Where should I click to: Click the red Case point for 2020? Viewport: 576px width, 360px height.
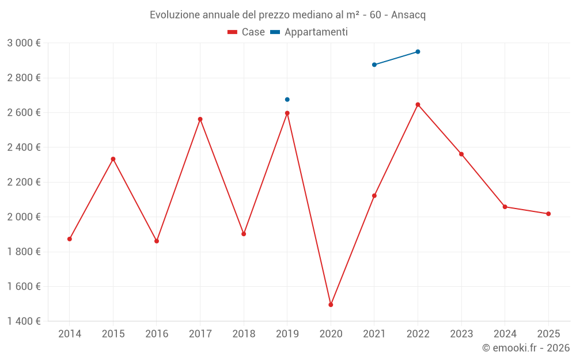[x=331, y=305]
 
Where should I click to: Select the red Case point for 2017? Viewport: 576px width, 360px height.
[x=200, y=119]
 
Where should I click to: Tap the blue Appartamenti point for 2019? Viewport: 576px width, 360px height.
[x=287, y=100]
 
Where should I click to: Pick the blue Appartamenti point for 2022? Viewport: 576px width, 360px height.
[x=418, y=52]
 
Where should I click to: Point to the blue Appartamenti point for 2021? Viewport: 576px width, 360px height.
[x=374, y=65]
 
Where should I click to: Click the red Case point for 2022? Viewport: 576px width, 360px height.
[x=418, y=105]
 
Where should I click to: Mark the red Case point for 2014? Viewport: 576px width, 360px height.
[x=70, y=239]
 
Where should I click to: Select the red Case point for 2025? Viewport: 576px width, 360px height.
[x=548, y=214]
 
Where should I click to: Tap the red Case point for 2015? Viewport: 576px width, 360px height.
[x=113, y=159]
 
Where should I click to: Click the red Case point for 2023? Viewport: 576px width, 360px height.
[x=461, y=154]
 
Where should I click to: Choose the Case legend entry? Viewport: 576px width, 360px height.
[x=247, y=32]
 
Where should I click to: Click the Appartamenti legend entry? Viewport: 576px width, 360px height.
[x=309, y=32]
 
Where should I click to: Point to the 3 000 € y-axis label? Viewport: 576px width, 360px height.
[x=24, y=43]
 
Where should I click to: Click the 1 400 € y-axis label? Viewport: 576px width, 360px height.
[x=24, y=321]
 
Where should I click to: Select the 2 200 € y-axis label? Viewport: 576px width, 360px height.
[x=24, y=182]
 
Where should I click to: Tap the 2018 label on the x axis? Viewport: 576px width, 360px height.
[x=244, y=334]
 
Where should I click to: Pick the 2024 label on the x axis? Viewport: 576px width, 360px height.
[x=505, y=334]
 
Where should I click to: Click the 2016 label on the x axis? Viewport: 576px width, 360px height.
[x=157, y=334]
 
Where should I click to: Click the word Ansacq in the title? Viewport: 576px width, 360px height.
[x=408, y=15]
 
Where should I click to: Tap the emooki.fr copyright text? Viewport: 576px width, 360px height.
[x=526, y=348]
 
